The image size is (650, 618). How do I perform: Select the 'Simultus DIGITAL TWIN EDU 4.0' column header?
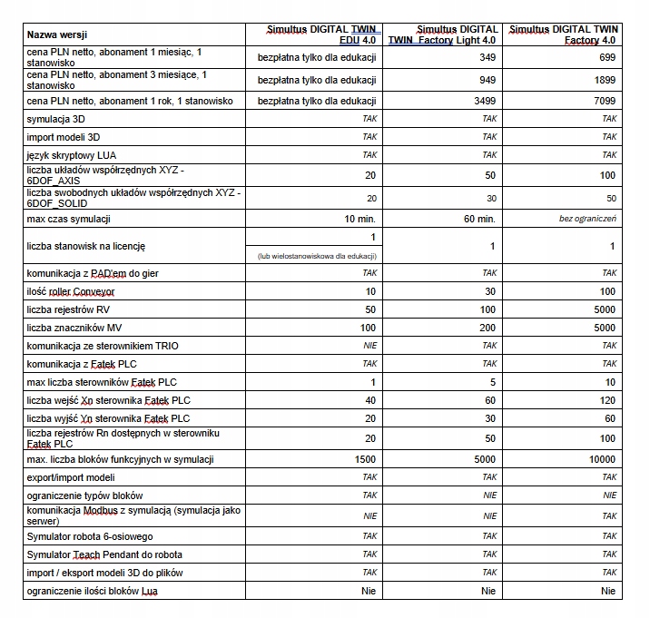coord(317,34)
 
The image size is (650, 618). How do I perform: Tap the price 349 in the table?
coord(487,58)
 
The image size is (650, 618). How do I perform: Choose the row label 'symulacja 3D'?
coord(56,119)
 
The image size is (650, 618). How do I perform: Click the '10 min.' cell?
coord(360,219)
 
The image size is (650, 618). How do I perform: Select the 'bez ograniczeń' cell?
coord(588,219)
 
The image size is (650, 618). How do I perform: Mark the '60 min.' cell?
coord(479,219)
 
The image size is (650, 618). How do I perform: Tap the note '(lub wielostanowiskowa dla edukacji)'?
coord(318,255)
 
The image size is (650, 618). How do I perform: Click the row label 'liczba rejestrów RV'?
coord(69,309)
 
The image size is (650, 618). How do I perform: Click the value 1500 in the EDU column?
coord(364,459)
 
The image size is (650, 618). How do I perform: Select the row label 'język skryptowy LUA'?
coord(72,155)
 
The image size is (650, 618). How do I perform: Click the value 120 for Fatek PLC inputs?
coord(606,400)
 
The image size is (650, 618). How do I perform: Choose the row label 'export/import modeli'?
coord(71,477)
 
